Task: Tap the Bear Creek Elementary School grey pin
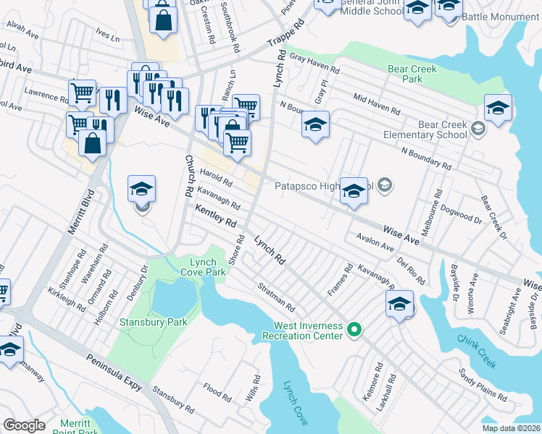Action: (x=478, y=129)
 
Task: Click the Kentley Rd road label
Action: (x=215, y=215)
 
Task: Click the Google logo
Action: (x=24, y=425)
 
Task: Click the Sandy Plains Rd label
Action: (x=482, y=385)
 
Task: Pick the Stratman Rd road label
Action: (x=276, y=297)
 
